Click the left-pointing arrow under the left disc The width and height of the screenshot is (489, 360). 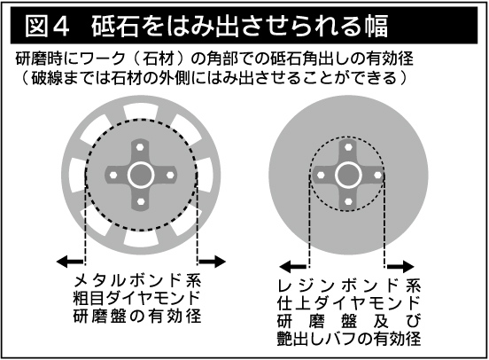point(70,262)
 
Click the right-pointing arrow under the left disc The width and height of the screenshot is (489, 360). point(212,262)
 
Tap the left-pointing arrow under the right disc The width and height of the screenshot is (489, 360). point(293,267)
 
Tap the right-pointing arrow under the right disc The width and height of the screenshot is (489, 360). point(400,267)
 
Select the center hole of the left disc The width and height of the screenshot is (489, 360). point(141,176)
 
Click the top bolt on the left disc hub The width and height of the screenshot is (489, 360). point(140,146)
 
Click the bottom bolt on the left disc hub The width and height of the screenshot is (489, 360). point(140,201)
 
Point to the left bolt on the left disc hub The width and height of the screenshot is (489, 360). point(113,175)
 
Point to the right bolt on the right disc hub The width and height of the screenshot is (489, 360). point(377,175)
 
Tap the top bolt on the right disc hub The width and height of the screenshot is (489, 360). point(348,146)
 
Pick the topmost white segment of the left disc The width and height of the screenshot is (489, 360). point(141,112)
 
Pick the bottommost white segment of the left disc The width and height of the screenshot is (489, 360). point(141,239)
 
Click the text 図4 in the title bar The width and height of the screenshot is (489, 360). point(47,26)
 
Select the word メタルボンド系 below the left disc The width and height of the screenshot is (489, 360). point(137,280)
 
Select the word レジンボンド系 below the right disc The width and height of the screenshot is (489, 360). point(349,286)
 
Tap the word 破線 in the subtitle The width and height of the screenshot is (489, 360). point(48,78)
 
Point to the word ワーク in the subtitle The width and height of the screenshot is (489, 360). point(101,59)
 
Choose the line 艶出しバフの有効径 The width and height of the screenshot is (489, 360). point(349,338)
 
